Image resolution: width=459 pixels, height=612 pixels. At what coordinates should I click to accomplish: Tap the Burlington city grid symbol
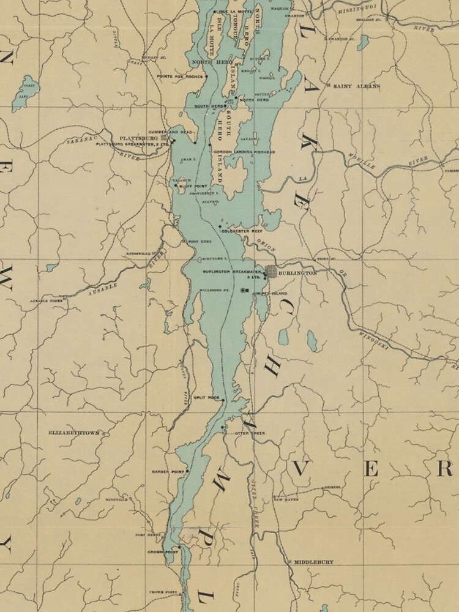pos(271,272)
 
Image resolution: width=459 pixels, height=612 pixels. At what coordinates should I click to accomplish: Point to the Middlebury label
pos(313,561)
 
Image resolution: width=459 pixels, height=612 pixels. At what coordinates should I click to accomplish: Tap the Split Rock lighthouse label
pos(206,398)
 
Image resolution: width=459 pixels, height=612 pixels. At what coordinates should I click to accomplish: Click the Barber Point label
pos(169,472)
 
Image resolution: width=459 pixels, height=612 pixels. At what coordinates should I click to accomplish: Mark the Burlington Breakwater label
pos(233,271)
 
